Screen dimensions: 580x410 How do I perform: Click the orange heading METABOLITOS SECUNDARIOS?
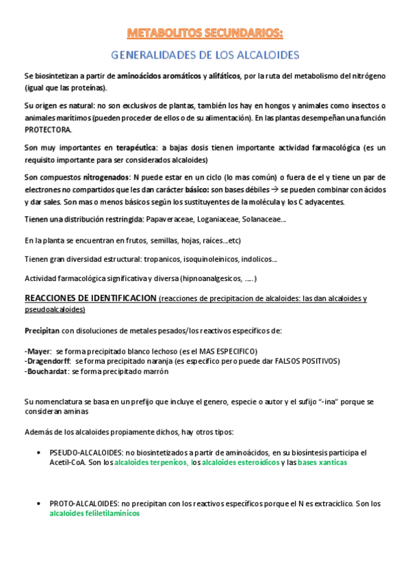(205, 32)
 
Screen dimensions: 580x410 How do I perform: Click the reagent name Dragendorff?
(49, 360)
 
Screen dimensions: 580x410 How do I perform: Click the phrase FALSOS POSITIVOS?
(307, 360)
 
